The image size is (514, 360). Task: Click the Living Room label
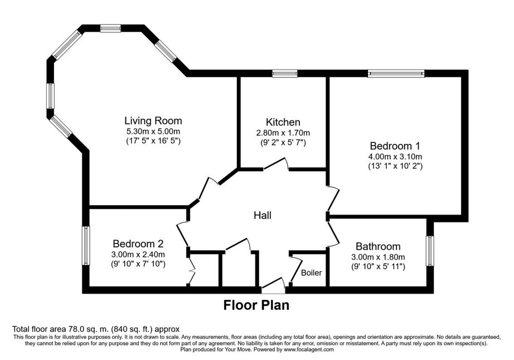point(153,120)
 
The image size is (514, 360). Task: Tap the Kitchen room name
point(283,122)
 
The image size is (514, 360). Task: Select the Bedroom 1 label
point(395,146)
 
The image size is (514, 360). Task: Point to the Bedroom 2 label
point(138,244)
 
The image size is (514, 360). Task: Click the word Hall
point(263,215)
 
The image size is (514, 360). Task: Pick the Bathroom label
point(378,246)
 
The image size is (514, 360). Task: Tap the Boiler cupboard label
point(312,273)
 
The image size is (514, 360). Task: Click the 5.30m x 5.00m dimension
point(153,132)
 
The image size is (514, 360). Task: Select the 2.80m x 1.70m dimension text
point(283,133)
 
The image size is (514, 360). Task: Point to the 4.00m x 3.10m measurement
point(395,157)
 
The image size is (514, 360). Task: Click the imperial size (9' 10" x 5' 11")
point(378,266)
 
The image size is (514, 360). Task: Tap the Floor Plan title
point(256,305)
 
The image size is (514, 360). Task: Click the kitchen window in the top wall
point(285,74)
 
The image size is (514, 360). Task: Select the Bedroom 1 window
point(396,74)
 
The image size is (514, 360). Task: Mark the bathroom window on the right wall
point(430,251)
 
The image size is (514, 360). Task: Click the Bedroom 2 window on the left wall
point(85,246)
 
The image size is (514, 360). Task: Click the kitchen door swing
point(276,163)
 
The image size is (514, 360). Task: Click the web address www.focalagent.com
point(309,349)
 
